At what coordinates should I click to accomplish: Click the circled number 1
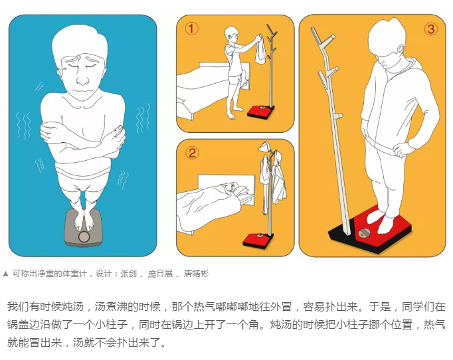pyautogui.click(x=191, y=29)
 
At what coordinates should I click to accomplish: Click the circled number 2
pyautogui.click(x=192, y=153)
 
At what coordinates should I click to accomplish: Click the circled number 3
pyautogui.click(x=431, y=29)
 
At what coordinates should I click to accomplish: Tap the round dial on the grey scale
pyautogui.click(x=84, y=237)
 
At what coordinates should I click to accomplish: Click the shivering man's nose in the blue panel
pyautogui.click(x=83, y=79)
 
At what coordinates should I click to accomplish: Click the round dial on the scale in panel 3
pyautogui.click(x=363, y=233)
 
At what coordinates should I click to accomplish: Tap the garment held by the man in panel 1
pyautogui.click(x=260, y=50)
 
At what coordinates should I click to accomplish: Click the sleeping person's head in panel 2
pyautogui.click(x=233, y=187)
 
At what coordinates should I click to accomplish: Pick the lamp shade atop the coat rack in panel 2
pyautogui.click(x=264, y=147)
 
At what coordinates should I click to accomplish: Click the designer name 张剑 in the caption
pyautogui.click(x=128, y=274)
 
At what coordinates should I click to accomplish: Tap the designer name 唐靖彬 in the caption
pyautogui.click(x=196, y=274)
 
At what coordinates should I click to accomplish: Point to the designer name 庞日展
pyautogui.click(x=160, y=274)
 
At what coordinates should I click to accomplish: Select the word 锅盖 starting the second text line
pyautogui.click(x=18, y=324)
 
